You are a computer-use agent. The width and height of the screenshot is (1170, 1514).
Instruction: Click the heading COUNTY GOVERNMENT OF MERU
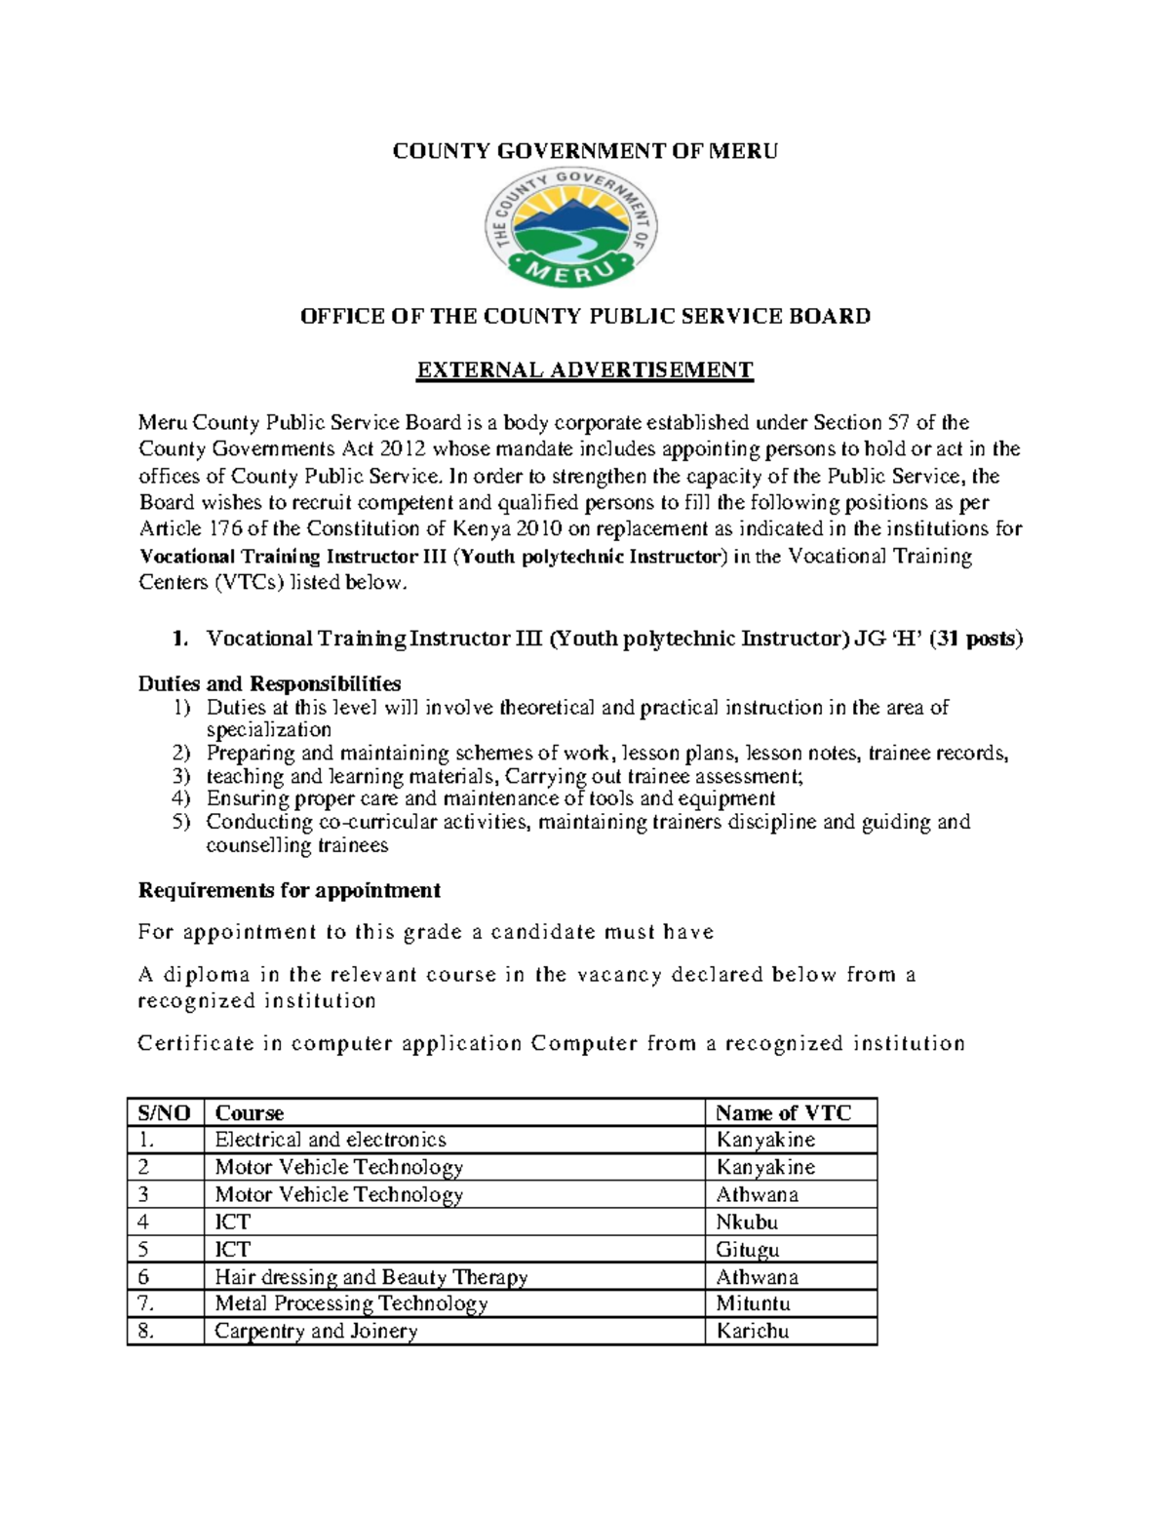click(585, 151)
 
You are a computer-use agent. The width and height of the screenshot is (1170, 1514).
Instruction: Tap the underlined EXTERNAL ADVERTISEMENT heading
click(585, 370)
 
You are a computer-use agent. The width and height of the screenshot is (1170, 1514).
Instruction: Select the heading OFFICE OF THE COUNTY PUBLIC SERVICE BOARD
click(585, 316)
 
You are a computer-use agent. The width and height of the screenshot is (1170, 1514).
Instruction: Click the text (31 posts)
click(976, 640)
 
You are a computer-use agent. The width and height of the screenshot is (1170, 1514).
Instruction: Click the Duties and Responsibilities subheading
click(269, 683)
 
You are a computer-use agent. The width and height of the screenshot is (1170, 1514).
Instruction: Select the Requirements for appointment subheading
click(289, 890)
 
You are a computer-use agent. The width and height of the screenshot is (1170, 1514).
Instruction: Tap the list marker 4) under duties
click(181, 799)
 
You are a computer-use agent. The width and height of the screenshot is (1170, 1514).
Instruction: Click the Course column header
click(250, 1113)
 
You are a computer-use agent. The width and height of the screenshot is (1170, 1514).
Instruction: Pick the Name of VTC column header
click(783, 1113)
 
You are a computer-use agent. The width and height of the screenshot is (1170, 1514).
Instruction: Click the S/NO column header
click(165, 1113)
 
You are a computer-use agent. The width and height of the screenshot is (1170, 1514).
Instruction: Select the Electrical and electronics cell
click(331, 1140)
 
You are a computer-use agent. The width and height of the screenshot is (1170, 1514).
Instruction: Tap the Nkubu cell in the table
click(747, 1223)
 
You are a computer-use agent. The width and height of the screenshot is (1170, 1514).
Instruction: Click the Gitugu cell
click(748, 1250)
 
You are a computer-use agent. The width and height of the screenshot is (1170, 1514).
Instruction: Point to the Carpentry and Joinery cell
click(316, 1332)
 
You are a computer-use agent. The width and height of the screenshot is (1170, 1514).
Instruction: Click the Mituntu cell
click(753, 1304)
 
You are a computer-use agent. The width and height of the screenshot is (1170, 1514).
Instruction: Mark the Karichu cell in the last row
click(752, 1332)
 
